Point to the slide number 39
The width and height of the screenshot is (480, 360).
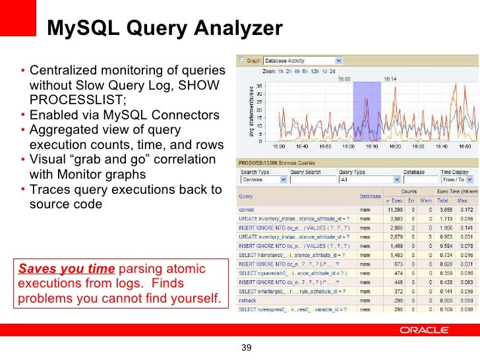248,348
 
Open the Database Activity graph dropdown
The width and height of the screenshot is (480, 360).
302,60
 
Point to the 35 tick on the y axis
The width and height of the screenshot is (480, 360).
258,85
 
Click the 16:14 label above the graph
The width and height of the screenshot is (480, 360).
390,78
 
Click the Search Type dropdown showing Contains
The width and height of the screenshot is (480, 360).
263,179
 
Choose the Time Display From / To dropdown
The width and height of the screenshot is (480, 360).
458,179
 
